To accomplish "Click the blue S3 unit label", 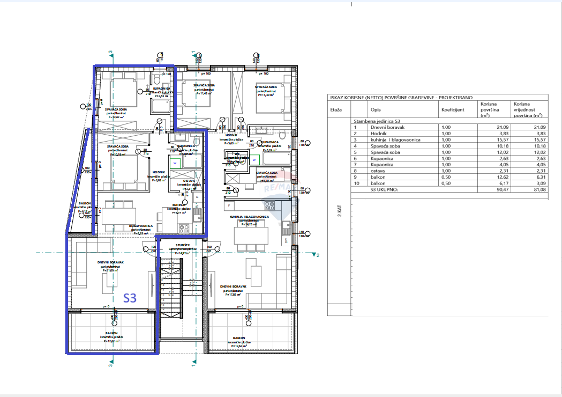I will (130, 298).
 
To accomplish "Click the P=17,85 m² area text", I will (232, 295).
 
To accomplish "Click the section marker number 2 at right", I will (318, 255).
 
